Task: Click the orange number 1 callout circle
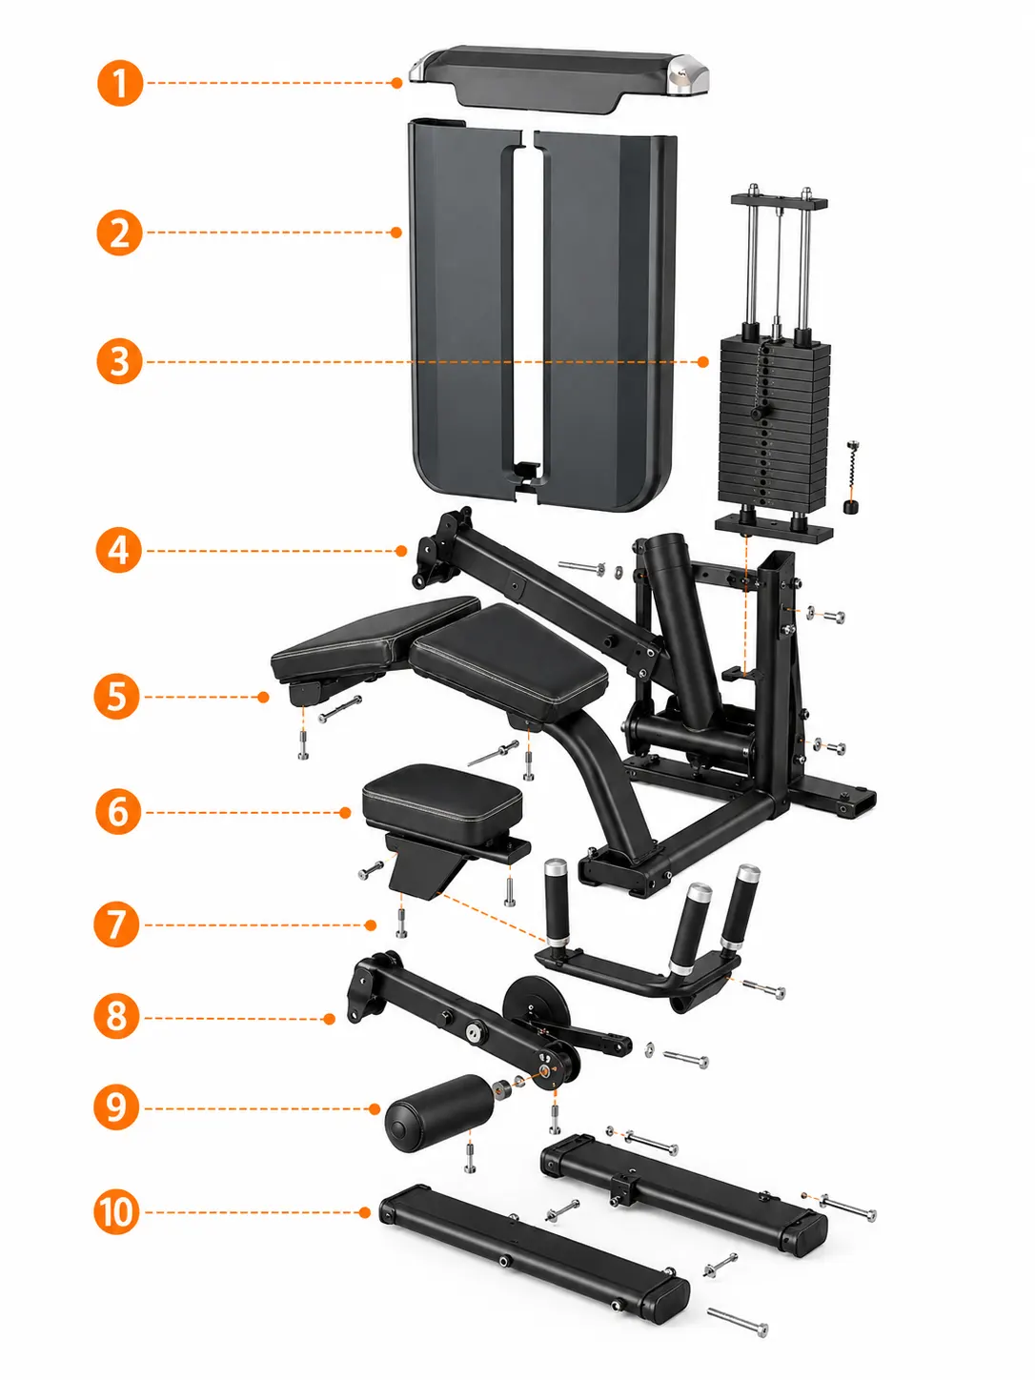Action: [x=120, y=83]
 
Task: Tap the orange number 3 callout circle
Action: [x=119, y=361]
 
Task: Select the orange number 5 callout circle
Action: [x=117, y=697]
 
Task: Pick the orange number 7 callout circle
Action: [x=116, y=924]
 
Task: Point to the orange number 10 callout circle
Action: [x=117, y=1212]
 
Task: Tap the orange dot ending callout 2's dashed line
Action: [x=396, y=233]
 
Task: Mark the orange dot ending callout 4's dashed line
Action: [x=401, y=551]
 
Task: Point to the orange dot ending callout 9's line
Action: [x=375, y=1109]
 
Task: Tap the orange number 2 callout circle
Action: [x=119, y=233]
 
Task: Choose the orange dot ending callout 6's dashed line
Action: [x=345, y=813]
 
